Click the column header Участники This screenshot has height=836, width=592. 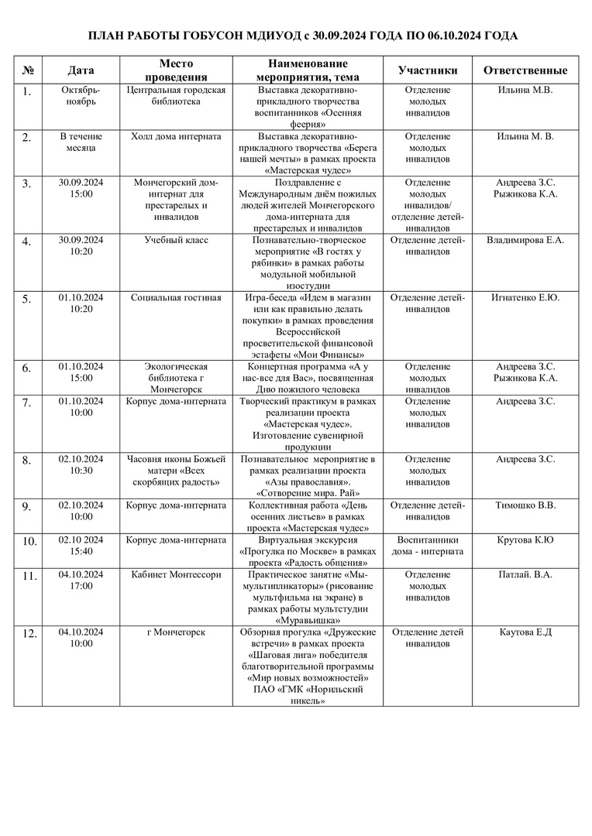428,70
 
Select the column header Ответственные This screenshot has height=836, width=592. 525,70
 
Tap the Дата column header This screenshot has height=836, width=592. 81,70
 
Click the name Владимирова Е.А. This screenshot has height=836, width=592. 525,240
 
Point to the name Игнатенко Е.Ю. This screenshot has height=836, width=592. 525,297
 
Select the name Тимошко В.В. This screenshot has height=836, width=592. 525,505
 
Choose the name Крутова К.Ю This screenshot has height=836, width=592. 525,540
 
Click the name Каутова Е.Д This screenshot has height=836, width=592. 525,632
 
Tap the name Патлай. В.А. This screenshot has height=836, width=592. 525,574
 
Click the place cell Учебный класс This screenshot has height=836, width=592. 176,240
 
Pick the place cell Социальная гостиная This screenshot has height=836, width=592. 176,297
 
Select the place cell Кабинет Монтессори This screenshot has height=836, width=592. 176,574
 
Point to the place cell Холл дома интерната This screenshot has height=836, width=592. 176,136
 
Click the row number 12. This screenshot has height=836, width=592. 29,634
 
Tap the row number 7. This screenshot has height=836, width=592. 27,403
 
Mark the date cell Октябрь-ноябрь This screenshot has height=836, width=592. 81,95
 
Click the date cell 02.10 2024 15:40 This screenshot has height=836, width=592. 81,545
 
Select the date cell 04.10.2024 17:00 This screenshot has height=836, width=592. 81,580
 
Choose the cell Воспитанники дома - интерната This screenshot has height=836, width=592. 428,545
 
